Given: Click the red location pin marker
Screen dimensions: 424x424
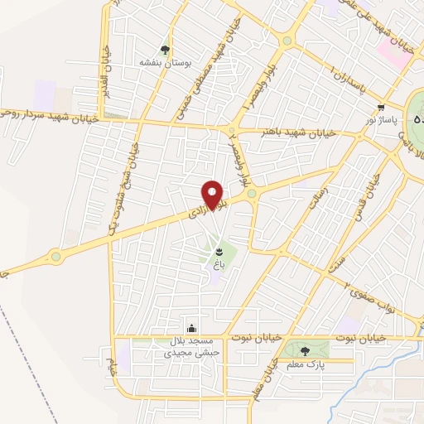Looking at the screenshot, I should [214, 195].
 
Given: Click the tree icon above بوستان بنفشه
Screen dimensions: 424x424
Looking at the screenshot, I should [167, 48].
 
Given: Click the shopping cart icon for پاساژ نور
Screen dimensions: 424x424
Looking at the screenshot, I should [381, 108].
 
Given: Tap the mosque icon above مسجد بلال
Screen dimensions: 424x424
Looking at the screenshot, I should [192, 328].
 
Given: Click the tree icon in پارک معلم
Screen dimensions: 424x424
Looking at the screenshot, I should [307, 350].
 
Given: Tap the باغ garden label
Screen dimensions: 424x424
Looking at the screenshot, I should [219, 263].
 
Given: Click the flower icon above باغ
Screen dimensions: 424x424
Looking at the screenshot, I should [219, 250].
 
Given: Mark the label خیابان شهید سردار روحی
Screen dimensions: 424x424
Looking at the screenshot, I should [50, 118].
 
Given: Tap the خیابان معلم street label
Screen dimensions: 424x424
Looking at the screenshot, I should [267, 378].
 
